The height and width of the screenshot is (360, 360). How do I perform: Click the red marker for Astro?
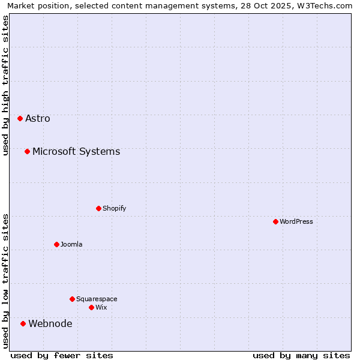20,118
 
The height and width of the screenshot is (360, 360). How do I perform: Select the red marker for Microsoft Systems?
27,151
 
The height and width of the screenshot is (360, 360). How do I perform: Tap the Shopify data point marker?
98,208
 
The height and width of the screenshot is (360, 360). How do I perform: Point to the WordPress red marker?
275,221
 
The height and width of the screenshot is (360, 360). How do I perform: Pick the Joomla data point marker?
56,244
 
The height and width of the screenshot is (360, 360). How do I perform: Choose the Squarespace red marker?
72,299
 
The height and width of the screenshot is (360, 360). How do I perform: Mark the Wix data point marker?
91,307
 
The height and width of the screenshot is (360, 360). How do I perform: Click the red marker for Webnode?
23,323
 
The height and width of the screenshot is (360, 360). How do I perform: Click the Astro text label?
38,118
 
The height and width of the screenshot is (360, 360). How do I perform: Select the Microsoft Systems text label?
76,151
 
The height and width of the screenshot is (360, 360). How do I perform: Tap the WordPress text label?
296,221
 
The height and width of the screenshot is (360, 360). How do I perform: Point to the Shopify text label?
114,208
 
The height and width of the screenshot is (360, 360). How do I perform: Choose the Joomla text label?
71,244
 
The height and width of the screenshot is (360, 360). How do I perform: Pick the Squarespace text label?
97,299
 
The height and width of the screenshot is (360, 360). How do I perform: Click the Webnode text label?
50,324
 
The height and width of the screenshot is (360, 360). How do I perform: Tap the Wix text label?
101,307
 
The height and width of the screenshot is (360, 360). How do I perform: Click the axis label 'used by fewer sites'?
62,355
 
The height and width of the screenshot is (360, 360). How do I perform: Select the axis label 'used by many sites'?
301,355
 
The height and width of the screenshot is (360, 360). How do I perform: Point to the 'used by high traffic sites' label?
5,85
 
